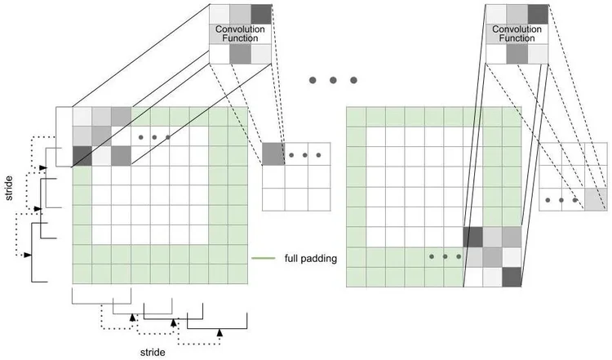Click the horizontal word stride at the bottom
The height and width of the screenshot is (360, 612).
(x=152, y=352)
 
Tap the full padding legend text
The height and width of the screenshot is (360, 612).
(x=311, y=259)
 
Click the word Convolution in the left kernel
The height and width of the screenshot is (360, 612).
(x=241, y=29)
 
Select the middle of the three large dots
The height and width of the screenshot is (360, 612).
(x=333, y=80)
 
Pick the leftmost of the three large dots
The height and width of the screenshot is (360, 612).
(x=313, y=80)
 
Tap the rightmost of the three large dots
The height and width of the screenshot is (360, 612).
(x=353, y=80)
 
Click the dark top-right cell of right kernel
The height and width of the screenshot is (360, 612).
(x=537, y=14)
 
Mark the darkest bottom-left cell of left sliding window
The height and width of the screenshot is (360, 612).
(x=82, y=155)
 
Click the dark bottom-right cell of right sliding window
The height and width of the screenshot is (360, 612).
(x=512, y=278)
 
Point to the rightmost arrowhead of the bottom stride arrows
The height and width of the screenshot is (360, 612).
(x=219, y=331)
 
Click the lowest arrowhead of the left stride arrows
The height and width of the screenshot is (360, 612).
(x=28, y=255)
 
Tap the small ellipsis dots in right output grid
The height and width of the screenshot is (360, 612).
(x=561, y=199)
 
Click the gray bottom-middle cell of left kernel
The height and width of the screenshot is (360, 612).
(x=241, y=54)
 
